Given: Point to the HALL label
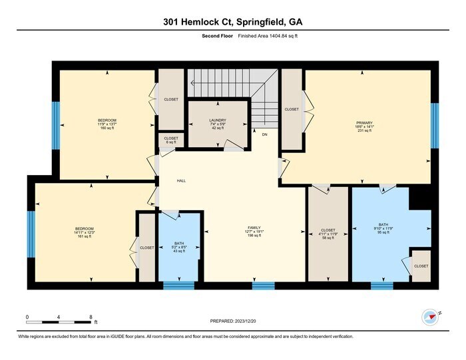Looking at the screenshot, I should click(x=181, y=181).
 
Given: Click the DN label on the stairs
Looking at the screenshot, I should click(x=264, y=135).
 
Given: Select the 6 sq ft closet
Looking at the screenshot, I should click(x=171, y=140).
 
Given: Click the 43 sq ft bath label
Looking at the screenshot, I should click(x=179, y=247).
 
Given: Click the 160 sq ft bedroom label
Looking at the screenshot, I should click(x=107, y=124).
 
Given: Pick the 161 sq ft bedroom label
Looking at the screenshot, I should click(x=84, y=232).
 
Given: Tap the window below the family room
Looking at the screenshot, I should click(x=263, y=286).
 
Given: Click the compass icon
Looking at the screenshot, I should click(x=429, y=315).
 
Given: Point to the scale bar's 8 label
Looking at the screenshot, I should click(x=91, y=317).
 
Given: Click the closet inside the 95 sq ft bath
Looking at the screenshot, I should click(x=421, y=266).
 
